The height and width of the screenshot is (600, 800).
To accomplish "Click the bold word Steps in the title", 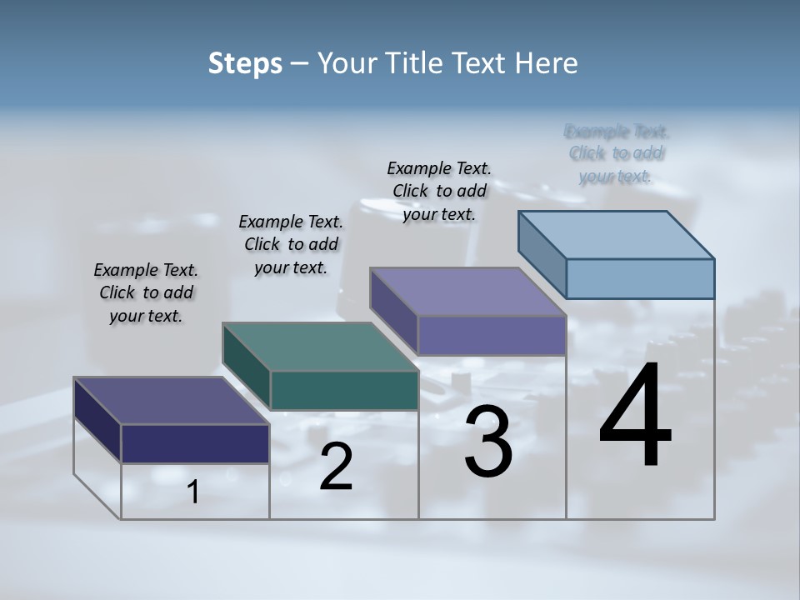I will click(x=245, y=63).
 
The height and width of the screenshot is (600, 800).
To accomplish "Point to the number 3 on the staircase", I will click(x=488, y=442).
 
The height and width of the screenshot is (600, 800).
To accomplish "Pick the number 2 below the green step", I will click(x=336, y=467).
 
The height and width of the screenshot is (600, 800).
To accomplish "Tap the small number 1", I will click(x=193, y=492).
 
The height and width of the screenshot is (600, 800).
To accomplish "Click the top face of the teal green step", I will click(x=320, y=347).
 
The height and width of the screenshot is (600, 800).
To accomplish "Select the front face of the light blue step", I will click(x=640, y=278).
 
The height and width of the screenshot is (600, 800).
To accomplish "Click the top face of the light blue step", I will click(x=617, y=234).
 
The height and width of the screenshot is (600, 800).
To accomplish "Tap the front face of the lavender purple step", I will click(x=492, y=335).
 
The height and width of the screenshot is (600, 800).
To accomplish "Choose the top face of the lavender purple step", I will click(x=468, y=292).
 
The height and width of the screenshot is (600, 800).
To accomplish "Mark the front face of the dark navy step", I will click(x=195, y=443).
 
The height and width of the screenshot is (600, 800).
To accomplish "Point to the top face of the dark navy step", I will click(x=172, y=401).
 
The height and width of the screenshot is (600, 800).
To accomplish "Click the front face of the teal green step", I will click(x=344, y=390).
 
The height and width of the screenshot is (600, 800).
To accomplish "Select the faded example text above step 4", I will click(x=617, y=153).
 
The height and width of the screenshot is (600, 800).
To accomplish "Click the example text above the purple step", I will click(x=439, y=191).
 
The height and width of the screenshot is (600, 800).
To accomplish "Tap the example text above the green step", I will click(x=291, y=244).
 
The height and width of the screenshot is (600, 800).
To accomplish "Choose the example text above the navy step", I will click(x=146, y=292).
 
